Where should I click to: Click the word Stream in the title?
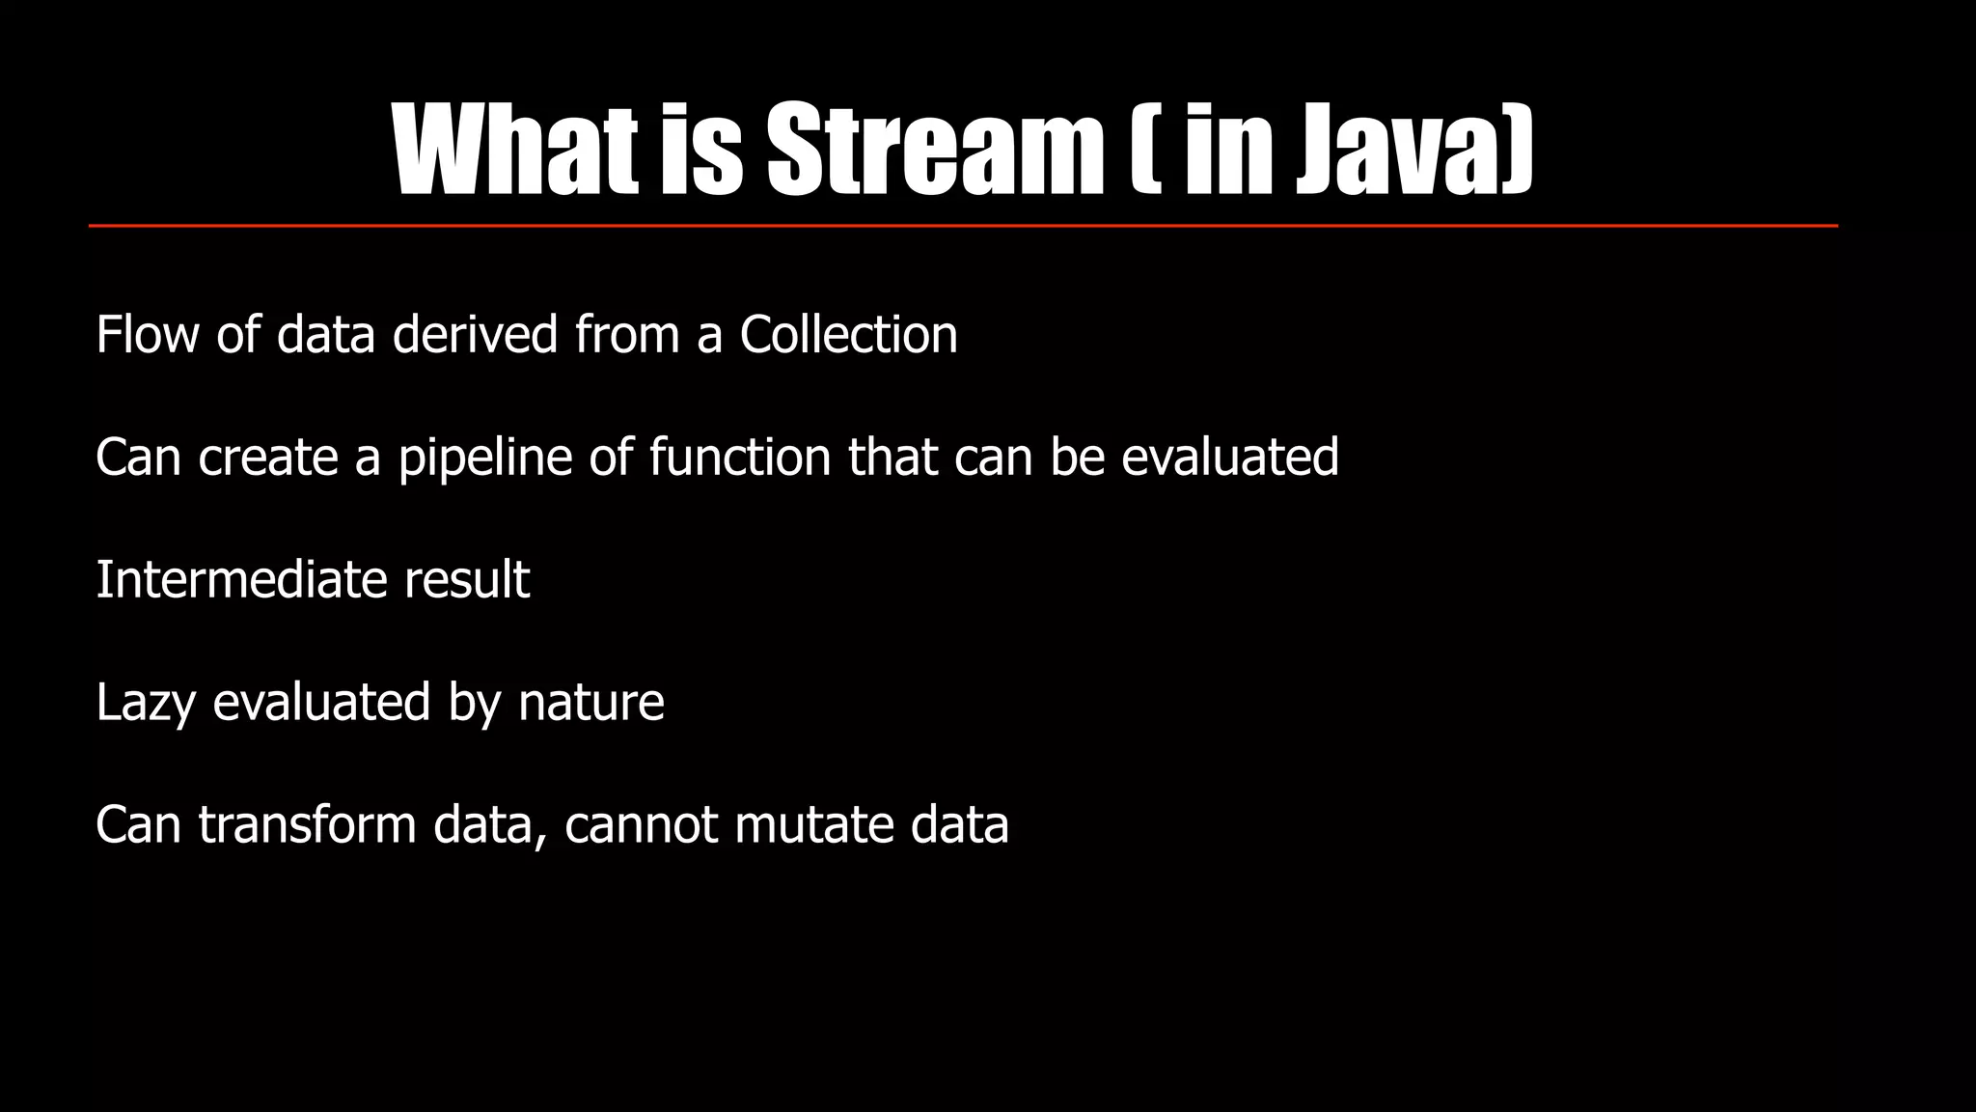934,150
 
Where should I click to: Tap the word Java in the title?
1413,150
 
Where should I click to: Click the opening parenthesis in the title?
1142,150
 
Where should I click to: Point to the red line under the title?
963,226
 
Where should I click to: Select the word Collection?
848,335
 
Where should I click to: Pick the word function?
739,458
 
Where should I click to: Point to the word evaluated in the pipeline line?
1229,458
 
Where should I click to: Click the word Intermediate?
241,580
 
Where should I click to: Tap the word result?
467,580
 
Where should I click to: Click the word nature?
590,703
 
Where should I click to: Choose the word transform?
307,825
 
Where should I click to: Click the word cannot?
641,825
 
